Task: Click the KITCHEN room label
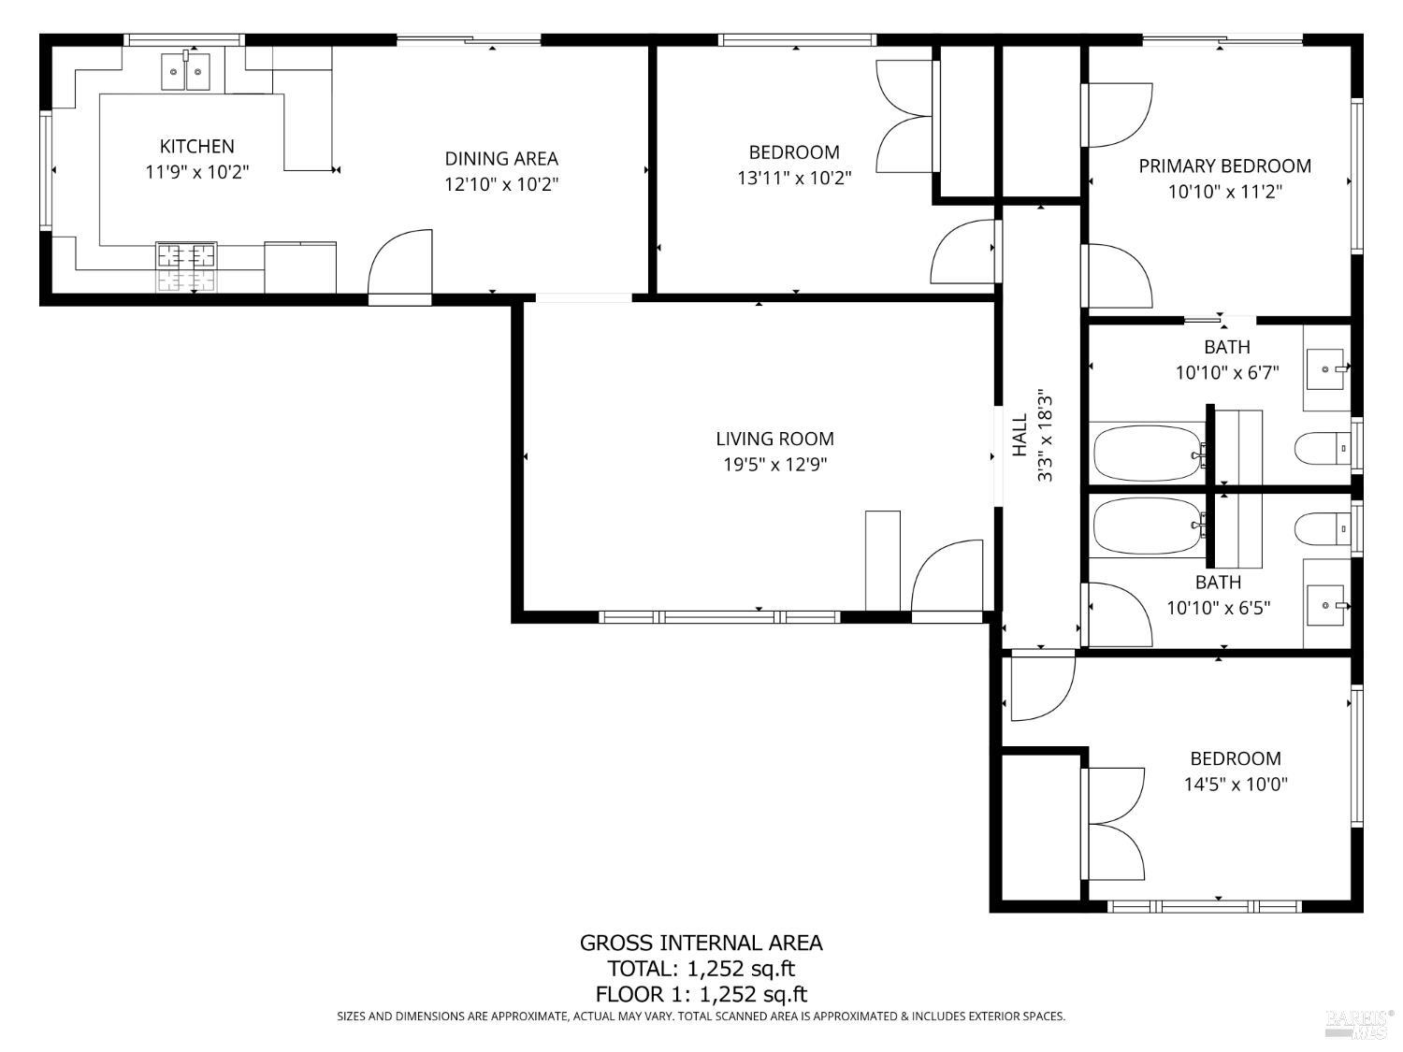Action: coord(196,146)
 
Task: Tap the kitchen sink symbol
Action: coord(185,72)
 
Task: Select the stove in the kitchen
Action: coord(186,267)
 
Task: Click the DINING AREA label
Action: coord(501,159)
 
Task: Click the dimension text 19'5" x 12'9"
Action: coord(774,464)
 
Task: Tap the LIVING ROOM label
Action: coord(774,439)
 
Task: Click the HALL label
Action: coord(1020,436)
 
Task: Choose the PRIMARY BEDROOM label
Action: coord(1224,166)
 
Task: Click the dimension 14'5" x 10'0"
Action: coord(1236,785)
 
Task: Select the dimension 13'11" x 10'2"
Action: coord(794,178)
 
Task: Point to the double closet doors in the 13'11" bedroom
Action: coord(905,116)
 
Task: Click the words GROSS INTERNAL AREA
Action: coord(701,943)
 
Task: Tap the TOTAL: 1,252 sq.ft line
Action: coord(701,969)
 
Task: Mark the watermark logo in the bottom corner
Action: coord(1359,1024)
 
